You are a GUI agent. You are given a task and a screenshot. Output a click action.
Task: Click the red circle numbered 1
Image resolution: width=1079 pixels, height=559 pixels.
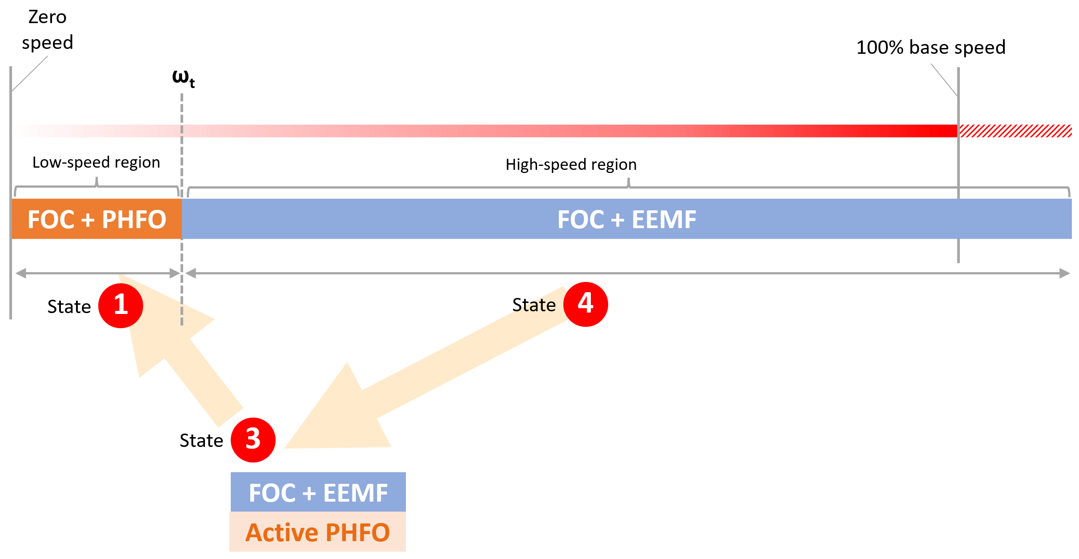click(x=120, y=306)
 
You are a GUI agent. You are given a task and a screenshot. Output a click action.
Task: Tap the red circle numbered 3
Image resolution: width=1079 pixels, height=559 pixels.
click(x=253, y=440)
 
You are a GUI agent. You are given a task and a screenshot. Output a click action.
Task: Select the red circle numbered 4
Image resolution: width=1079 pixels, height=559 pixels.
click(x=586, y=304)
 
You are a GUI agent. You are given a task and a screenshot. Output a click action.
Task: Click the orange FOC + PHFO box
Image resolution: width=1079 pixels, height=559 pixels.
click(x=97, y=219)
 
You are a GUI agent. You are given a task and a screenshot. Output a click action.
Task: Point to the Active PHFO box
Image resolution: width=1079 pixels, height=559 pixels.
click(x=318, y=532)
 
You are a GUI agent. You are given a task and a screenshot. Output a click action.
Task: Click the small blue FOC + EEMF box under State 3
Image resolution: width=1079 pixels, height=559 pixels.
click(x=318, y=492)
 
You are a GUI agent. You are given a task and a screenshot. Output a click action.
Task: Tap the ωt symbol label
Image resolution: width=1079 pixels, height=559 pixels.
click(x=184, y=79)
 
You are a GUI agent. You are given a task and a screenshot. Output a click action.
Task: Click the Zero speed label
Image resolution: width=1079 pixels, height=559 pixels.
click(x=48, y=30)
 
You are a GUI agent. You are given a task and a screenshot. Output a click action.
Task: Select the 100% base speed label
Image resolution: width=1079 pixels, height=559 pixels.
click(x=931, y=47)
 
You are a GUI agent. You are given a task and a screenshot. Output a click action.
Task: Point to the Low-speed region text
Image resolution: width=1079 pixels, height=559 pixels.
click(x=96, y=162)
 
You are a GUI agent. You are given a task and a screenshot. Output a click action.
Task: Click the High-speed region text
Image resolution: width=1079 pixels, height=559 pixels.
click(x=571, y=165)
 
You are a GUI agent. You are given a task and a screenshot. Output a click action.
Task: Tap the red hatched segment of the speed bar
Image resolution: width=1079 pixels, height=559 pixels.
click(x=1015, y=131)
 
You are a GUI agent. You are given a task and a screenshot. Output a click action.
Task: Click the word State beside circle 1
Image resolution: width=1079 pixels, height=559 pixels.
click(x=69, y=307)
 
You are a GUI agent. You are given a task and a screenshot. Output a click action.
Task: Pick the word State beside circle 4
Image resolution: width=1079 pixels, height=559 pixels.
click(x=534, y=305)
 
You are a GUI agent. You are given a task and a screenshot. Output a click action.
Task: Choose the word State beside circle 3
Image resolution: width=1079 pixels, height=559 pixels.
click(x=201, y=441)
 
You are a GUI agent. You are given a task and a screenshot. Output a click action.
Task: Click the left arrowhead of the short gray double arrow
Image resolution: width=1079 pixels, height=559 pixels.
click(x=21, y=273)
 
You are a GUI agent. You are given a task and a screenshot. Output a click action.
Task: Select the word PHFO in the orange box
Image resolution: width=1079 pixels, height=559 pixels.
click(x=134, y=220)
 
